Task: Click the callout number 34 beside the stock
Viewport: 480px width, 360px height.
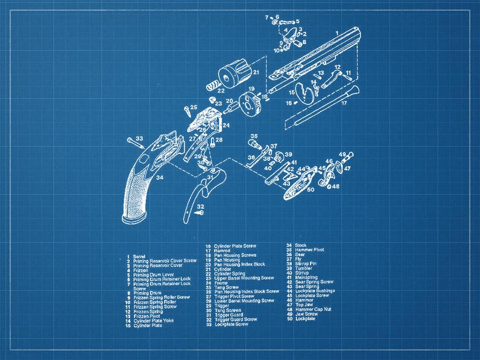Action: click(x=160, y=177)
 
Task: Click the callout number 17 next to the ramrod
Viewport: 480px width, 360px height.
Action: click(x=344, y=102)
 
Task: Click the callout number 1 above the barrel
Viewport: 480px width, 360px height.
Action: click(x=337, y=33)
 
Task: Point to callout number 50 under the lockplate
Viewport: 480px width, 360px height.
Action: click(x=310, y=189)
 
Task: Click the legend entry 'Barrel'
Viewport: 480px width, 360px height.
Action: click(x=139, y=256)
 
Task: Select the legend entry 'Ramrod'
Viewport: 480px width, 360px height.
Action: click(x=223, y=251)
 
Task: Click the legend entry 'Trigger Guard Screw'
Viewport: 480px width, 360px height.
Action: click(x=235, y=319)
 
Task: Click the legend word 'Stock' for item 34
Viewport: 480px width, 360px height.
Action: click(x=300, y=245)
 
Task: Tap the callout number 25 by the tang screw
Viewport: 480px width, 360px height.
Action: click(x=194, y=107)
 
